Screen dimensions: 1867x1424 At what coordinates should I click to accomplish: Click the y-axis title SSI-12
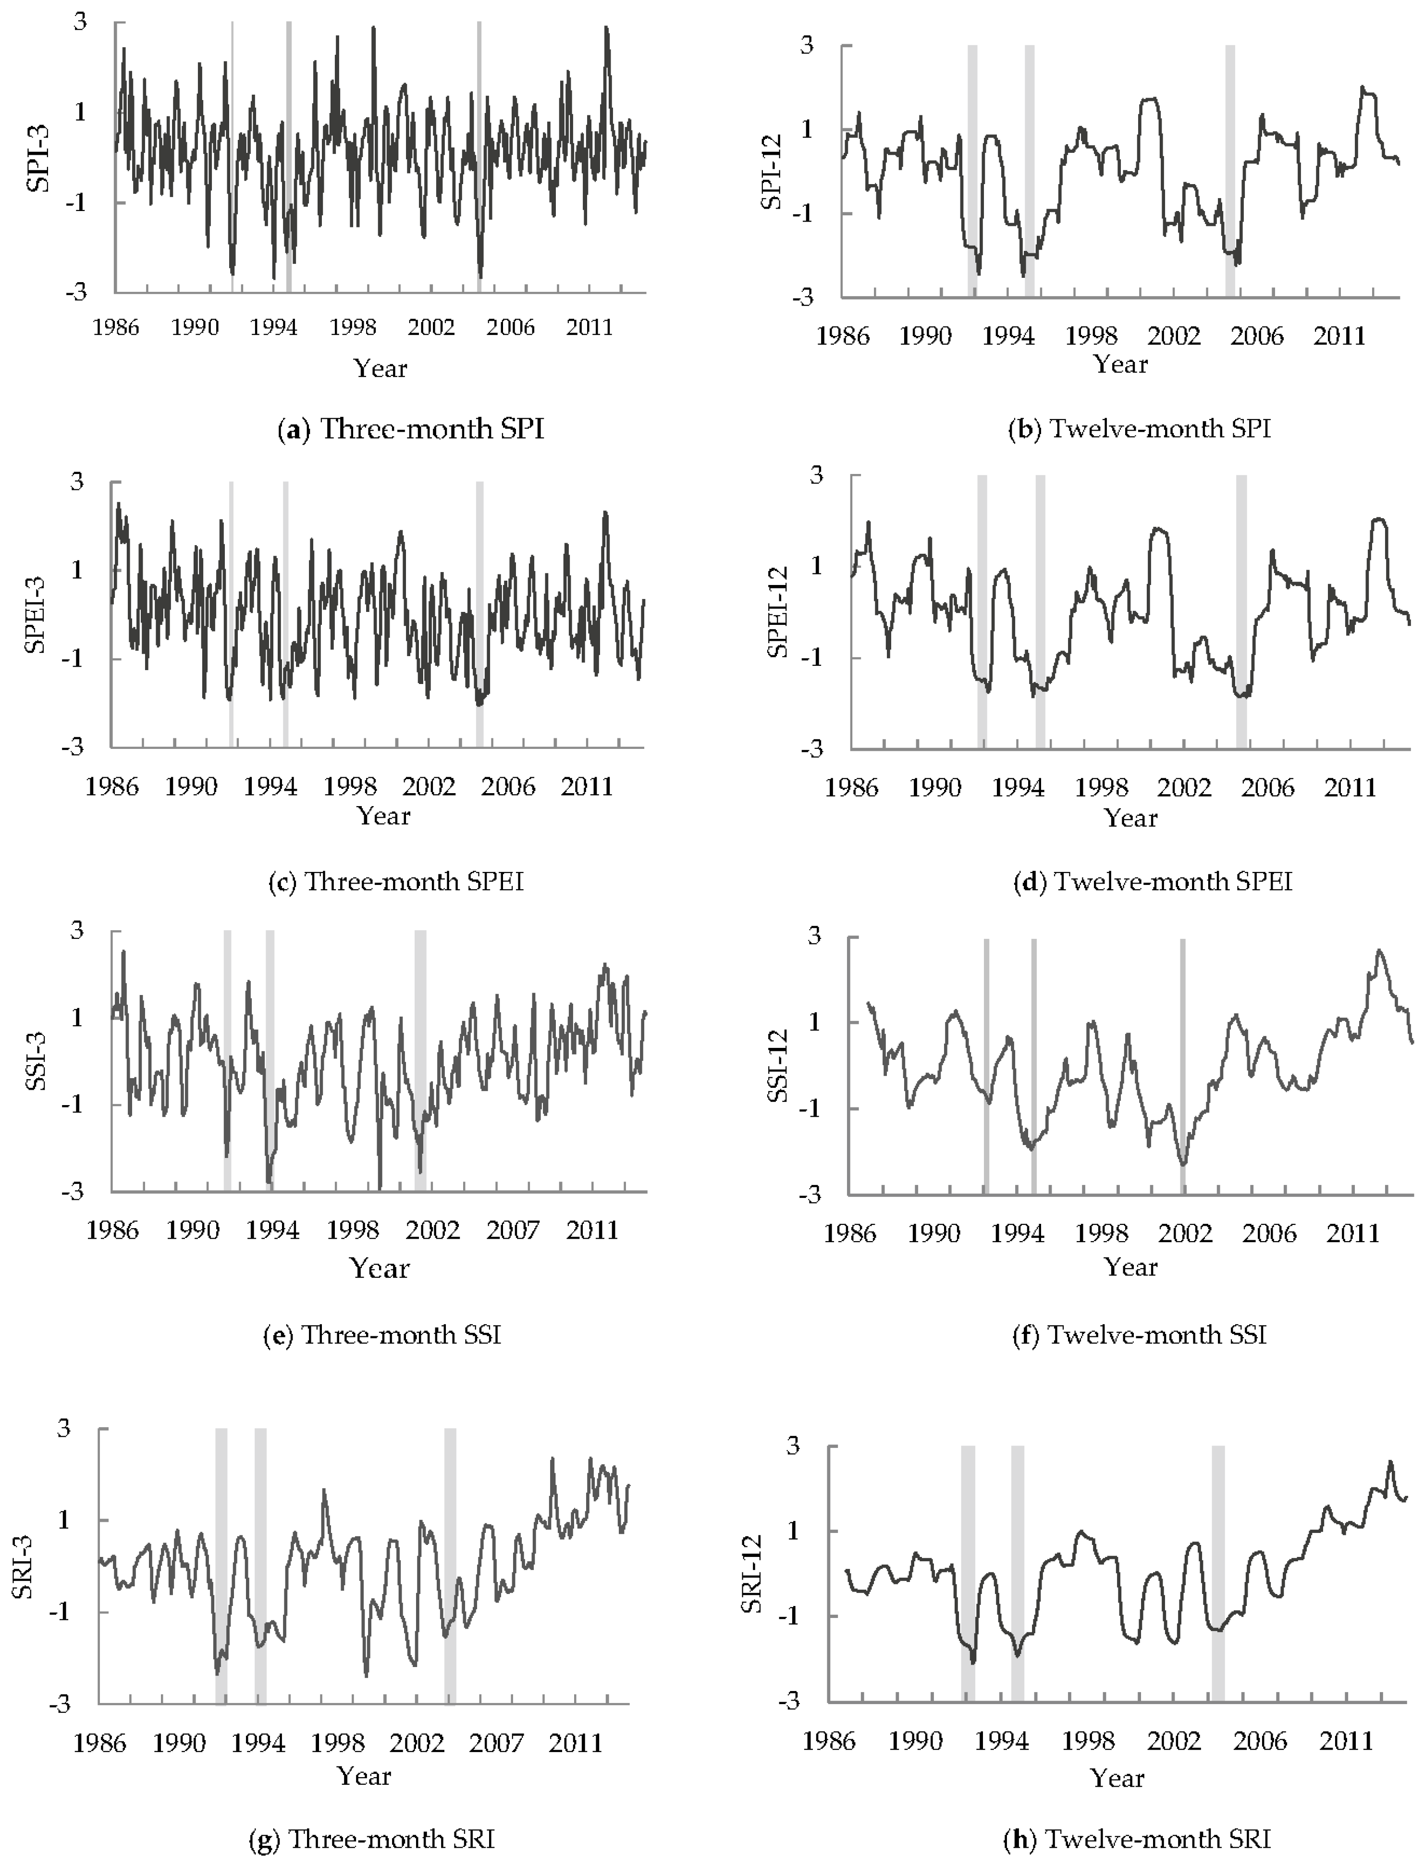point(777,1065)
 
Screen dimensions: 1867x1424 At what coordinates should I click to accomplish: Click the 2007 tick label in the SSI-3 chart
point(513,1230)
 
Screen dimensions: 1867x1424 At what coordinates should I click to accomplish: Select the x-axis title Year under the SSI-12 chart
point(1131,1267)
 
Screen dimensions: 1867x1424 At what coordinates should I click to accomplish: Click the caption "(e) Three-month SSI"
point(382,1335)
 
